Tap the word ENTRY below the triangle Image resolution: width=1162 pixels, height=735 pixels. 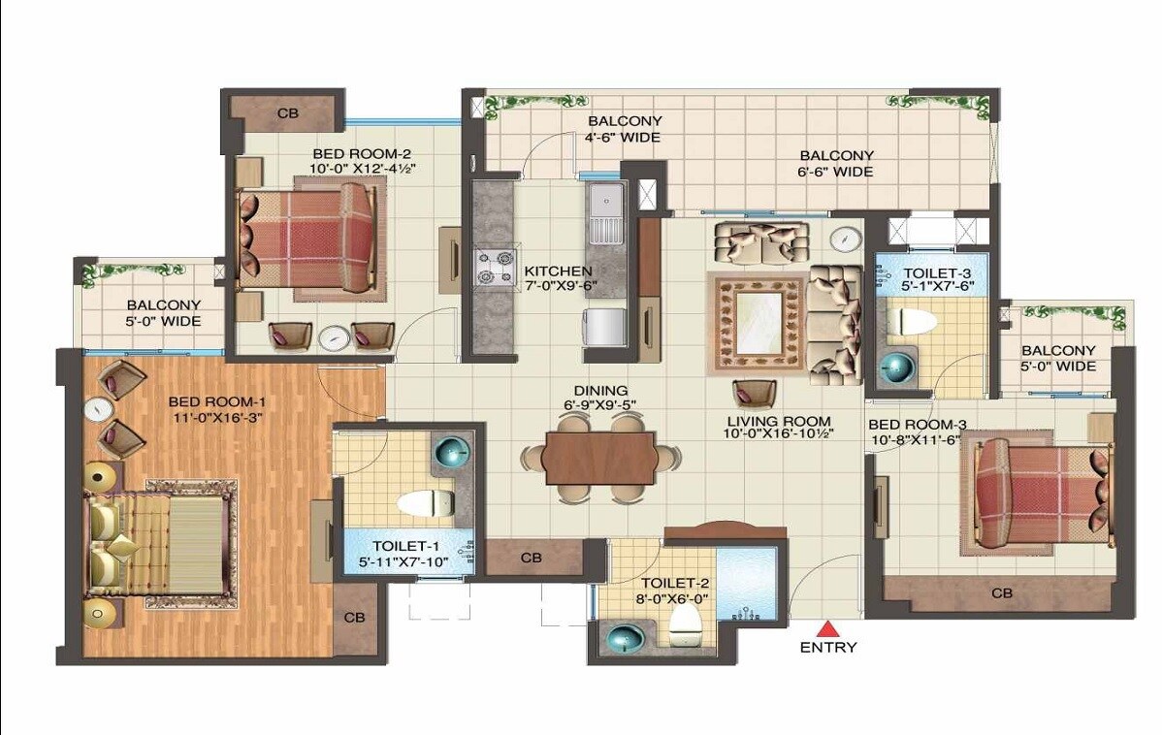click(x=827, y=648)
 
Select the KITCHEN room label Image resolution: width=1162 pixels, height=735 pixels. click(x=558, y=272)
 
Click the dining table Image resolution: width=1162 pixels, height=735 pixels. click(x=599, y=458)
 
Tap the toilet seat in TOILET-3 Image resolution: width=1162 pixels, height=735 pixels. click(x=912, y=321)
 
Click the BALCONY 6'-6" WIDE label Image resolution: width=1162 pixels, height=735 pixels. click(x=836, y=163)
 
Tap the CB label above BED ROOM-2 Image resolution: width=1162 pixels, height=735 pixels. click(x=288, y=113)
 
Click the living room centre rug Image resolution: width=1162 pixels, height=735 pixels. click(x=759, y=321)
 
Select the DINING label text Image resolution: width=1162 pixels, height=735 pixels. click(x=600, y=391)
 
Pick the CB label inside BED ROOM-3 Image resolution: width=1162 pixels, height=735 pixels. click(x=1003, y=593)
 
